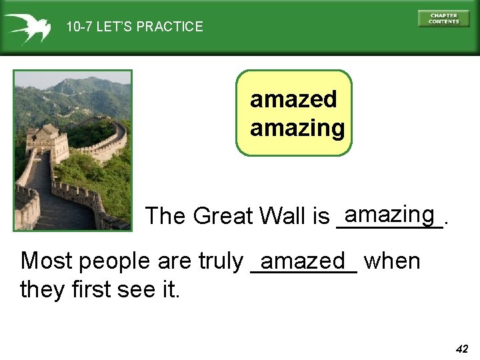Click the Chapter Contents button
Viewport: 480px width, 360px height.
[443, 19]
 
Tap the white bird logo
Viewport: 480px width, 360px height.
[27, 27]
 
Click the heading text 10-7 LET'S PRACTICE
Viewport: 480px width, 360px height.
[134, 27]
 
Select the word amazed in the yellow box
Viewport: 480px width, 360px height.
[293, 100]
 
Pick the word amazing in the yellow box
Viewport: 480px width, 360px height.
[297, 127]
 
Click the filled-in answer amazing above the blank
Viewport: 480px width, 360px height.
[390, 214]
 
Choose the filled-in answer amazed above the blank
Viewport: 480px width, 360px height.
[303, 260]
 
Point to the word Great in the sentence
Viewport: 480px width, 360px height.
[223, 217]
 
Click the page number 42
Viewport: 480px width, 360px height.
[462, 349]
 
